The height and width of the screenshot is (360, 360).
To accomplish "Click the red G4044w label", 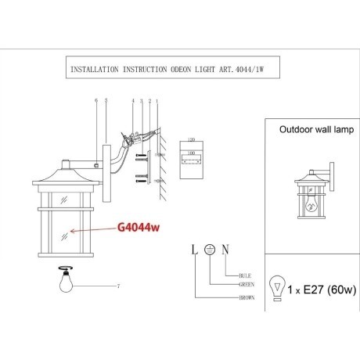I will click(138, 228).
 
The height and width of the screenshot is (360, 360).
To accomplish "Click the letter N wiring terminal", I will click(225, 250).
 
